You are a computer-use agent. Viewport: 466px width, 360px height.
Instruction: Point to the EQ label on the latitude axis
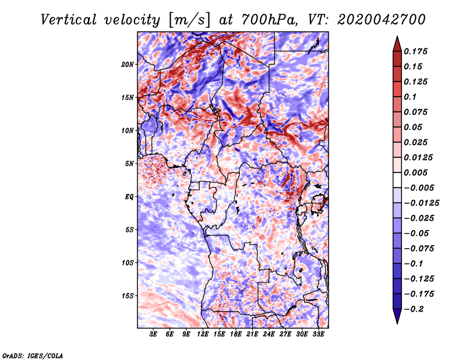pyautogui.click(x=130, y=197)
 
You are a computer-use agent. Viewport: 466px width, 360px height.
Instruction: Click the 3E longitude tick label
pyautogui.click(x=154, y=335)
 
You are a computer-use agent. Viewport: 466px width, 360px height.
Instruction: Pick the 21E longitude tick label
pyautogui.click(x=252, y=335)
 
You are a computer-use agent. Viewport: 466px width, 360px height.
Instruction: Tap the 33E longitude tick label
pyautogui.click(x=318, y=335)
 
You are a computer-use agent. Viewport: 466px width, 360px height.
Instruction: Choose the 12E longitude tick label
pyautogui.click(x=203, y=335)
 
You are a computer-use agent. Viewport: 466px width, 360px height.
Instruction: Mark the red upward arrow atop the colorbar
pyautogui.click(x=396, y=41)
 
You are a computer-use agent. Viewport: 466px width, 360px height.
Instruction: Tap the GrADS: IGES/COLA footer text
pyautogui.click(x=33, y=355)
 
